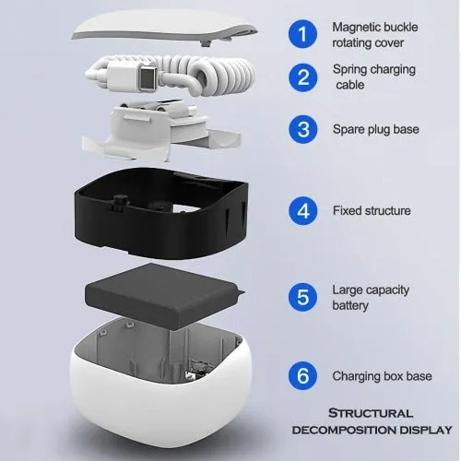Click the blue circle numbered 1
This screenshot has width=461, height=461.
click(302, 34)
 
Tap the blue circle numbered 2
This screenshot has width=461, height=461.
click(302, 77)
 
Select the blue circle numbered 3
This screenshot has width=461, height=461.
click(302, 129)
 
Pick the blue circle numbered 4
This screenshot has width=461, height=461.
click(302, 211)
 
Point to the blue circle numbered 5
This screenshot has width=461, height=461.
click(302, 297)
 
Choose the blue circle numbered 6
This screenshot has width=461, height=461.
click(302, 375)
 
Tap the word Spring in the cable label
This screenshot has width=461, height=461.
click(349, 70)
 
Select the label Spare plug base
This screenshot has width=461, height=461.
click(376, 129)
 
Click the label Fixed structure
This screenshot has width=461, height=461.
click(372, 210)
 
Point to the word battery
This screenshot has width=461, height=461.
click(350, 305)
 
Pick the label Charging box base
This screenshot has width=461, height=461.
click(382, 376)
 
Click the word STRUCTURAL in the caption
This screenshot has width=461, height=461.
click(371, 413)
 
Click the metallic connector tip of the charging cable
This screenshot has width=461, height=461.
click(147, 78)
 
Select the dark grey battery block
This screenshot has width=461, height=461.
click(164, 295)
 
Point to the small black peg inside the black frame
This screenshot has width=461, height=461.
click(120, 202)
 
